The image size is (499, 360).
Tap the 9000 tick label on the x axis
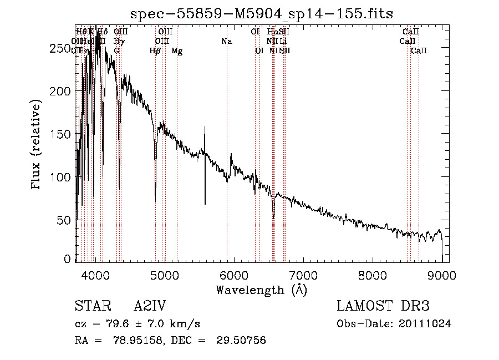pyautogui.click(x=442, y=273)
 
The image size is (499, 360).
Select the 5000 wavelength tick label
pyautogui.click(x=164, y=273)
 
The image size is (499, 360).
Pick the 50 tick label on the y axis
pyautogui.click(x=64, y=220)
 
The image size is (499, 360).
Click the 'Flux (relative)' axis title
pyautogui.click(x=37, y=145)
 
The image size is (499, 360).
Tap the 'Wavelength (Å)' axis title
pyautogui.click(x=261, y=290)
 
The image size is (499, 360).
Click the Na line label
pyautogui.click(x=226, y=41)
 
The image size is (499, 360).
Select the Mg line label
pyautogui.click(x=177, y=51)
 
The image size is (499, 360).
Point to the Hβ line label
pyautogui.click(x=155, y=51)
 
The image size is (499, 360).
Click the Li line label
pyautogui.click(x=283, y=41)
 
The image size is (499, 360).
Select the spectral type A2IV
pyautogui.click(x=150, y=306)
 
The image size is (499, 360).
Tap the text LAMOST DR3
pyautogui.click(x=383, y=306)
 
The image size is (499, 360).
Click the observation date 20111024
pyautogui.click(x=425, y=324)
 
